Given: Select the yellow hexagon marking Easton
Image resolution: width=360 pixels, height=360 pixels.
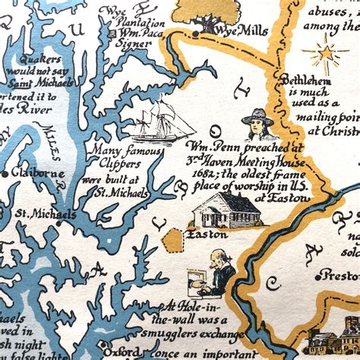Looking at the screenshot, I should pos(173,240).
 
